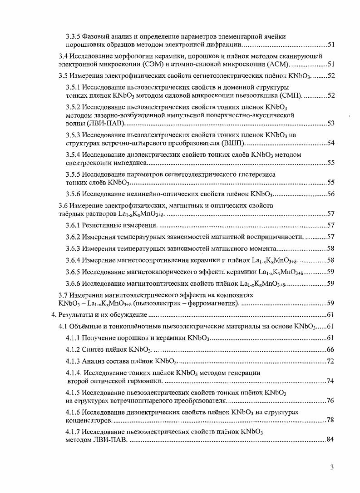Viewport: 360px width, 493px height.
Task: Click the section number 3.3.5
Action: pyautogui.click(x=74, y=36)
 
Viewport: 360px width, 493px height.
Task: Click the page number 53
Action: pyautogui.click(x=330, y=123)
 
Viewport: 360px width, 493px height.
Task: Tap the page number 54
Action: pyautogui.click(x=330, y=143)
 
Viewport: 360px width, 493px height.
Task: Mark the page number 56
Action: pyautogui.click(x=330, y=194)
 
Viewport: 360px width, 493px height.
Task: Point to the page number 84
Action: pyautogui.click(x=330, y=440)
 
